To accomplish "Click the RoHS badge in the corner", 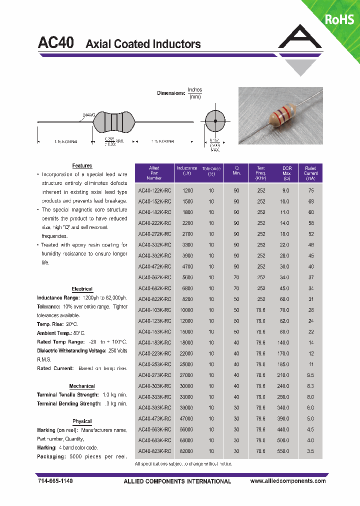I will tap(339, 19).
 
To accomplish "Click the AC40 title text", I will tap(56, 43).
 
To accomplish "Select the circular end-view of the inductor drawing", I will tap(215, 121).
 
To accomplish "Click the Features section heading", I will tap(82, 165).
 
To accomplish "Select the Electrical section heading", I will tap(82, 289).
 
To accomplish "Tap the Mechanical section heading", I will tap(82, 386).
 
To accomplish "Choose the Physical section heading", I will tap(82, 421).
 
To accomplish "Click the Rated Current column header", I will tap(310, 173).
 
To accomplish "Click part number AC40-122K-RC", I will tap(154, 190).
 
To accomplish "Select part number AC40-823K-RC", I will tap(154, 451).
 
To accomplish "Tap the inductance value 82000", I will tap(187, 451).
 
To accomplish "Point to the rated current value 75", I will tap(311, 190).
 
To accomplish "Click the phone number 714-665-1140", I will tap(55, 481).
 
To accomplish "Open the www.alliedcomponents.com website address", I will tap(287, 481).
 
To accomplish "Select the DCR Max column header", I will tap(286, 173).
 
